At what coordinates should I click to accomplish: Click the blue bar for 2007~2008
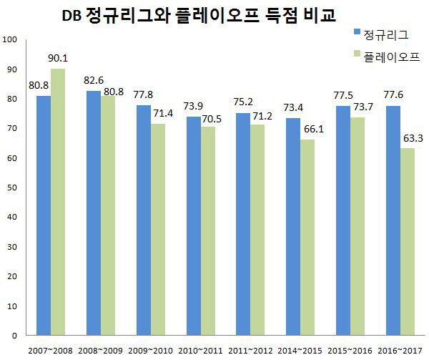(44, 215)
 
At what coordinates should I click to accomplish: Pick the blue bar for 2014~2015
(293, 226)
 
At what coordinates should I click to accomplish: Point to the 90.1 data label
(59, 59)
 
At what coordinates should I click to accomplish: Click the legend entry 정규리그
(385, 33)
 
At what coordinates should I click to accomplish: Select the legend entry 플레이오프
(390, 55)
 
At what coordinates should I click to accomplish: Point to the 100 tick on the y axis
(9, 39)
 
